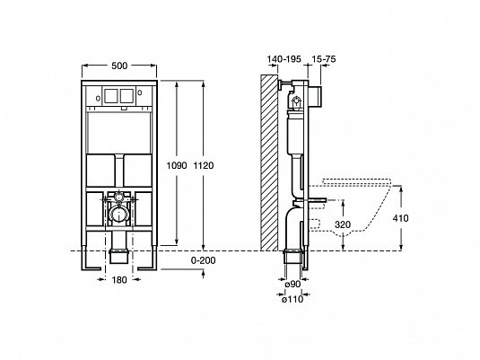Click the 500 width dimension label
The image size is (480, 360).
[x=119, y=66]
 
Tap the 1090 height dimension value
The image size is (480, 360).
[x=177, y=166]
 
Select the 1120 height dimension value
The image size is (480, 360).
[x=204, y=166]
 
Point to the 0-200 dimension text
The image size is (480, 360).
[x=204, y=260]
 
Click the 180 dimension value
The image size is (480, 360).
[x=119, y=280]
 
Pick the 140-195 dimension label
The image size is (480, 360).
[x=284, y=59]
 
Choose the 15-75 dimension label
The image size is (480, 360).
[x=324, y=59]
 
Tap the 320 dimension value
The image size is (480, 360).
[x=343, y=224]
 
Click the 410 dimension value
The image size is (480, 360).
[x=401, y=218]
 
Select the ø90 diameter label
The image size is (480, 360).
[x=292, y=285]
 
